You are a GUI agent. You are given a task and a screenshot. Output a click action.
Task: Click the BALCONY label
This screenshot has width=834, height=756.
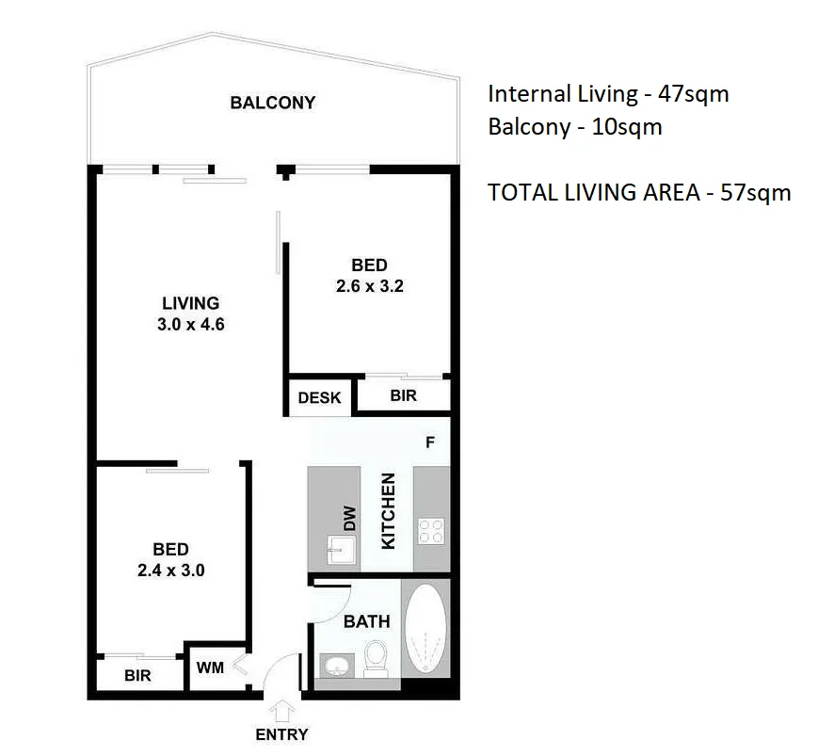[x=272, y=103]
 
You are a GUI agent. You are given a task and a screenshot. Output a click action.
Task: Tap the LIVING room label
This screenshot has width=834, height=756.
[x=190, y=303]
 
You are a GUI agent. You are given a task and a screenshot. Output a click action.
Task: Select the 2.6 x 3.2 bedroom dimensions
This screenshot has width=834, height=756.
[x=369, y=286]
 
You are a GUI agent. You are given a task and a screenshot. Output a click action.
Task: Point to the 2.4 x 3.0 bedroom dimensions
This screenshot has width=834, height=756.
[x=171, y=570]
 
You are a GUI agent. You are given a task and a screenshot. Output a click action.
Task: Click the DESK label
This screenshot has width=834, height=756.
[x=319, y=397]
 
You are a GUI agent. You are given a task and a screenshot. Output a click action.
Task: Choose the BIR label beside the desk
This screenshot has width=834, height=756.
[x=403, y=395]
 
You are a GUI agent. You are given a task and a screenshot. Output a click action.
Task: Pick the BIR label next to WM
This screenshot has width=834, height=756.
[x=137, y=675]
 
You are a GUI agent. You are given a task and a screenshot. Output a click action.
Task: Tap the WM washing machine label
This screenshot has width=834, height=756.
[x=210, y=668]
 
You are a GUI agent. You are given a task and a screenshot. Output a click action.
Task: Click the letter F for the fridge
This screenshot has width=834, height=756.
[x=429, y=442]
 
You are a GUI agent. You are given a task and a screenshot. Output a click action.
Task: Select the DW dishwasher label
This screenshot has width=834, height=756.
[x=349, y=517]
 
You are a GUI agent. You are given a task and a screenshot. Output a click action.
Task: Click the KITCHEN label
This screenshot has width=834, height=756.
[x=386, y=511]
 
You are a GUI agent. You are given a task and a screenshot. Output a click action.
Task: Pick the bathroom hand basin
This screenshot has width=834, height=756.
[x=335, y=666]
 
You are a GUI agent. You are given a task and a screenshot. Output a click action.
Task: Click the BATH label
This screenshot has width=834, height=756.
[x=366, y=621]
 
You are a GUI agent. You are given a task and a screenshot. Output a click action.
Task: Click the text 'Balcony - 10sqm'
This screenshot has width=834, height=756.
[x=574, y=127]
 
